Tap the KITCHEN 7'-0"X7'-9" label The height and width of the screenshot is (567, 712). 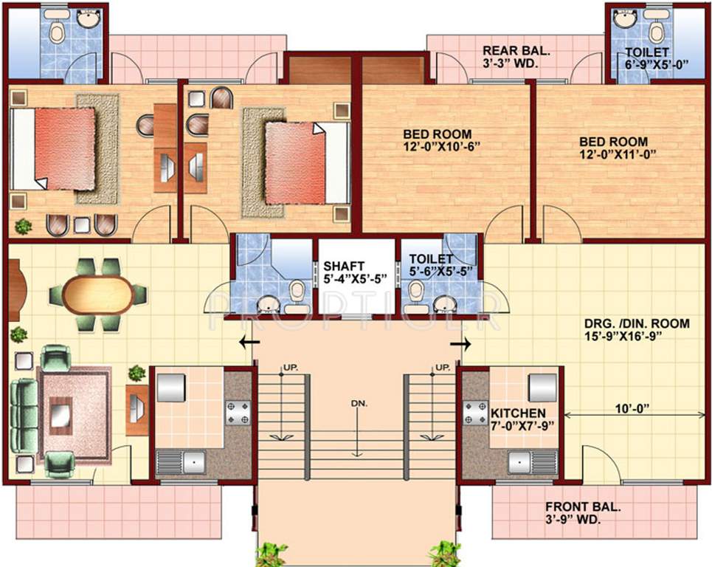tap(519, 419)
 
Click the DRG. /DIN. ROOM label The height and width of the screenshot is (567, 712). tap(637, 329)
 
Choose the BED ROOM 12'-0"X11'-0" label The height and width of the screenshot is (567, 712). tap(613, 148)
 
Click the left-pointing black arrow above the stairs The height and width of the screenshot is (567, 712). tap(249, 343)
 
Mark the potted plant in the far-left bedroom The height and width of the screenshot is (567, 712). tap(23, 226)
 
